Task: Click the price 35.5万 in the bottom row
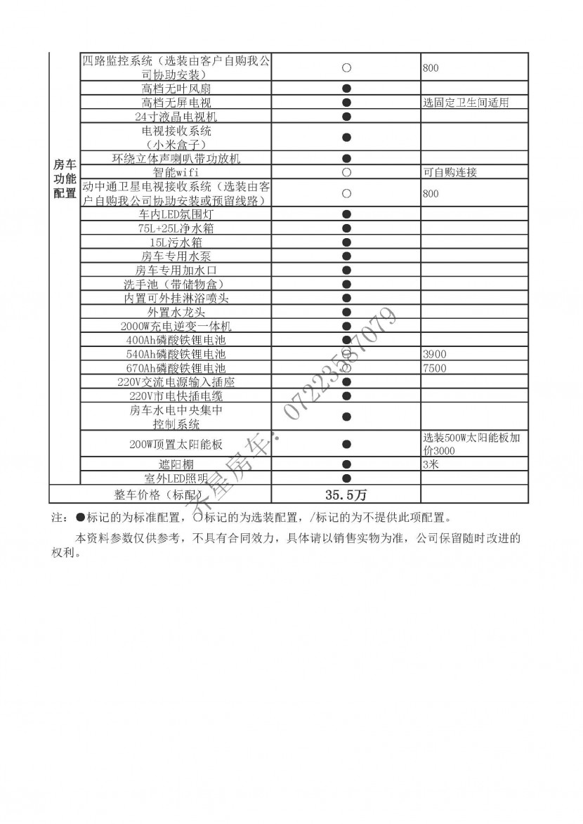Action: [x=346, y=495]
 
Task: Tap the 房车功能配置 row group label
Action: [x=65, y=178]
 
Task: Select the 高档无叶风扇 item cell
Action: [x=176, y=89]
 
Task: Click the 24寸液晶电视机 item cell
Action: [x=176, y=117]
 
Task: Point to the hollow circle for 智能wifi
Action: [x=346, y=172]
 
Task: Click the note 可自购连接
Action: [x=450, y=172]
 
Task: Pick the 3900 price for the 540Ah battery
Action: [x=435, y=354]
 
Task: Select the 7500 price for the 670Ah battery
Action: [x=435, y=368]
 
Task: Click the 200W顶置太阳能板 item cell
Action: [x=176, y=444]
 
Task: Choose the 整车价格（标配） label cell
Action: [x=160, y=495]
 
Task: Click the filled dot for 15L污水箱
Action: [x=346, y=242]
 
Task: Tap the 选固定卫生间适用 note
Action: [x=466, y=103]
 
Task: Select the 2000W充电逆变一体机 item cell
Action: [x=176, y=327]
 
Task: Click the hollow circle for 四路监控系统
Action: [x=346, y=68]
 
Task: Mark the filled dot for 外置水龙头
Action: [x=346, y=313]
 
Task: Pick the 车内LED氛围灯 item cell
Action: [x=176, y=214]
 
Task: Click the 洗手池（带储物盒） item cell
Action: [x=176, y=285]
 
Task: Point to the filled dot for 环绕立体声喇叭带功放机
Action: [x=346, y=159]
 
